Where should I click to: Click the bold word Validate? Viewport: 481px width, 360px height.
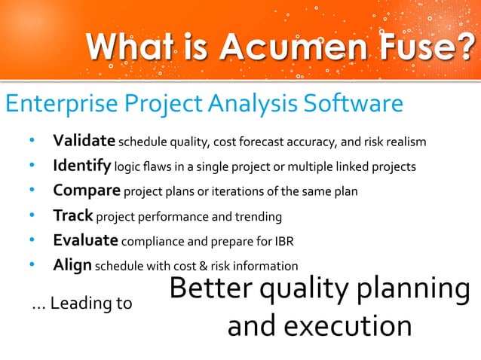pos(83,142)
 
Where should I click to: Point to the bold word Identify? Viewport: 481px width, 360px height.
pos(81,166)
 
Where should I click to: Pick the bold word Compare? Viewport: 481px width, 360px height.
pos(86,191)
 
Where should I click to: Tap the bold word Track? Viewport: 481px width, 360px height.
pos(72,216)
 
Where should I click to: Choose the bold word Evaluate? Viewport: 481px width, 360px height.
pos(85,241)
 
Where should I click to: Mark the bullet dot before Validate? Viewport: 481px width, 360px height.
pos(32,142)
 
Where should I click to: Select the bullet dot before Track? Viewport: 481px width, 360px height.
pos(32,216)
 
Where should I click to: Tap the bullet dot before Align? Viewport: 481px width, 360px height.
pos(32,266)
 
